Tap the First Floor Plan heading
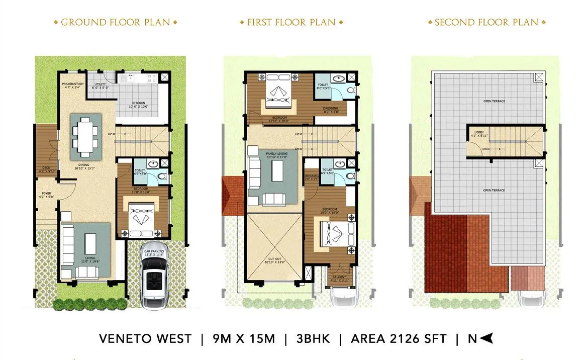click(x=291, y=23)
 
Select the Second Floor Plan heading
click(x=486, y=23)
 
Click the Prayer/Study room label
click(x=73, y=84)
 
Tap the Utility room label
click(x=99, y=84)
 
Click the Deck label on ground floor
click(x=46, y=168)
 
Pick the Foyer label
click(x=46, y=193)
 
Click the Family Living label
click(x=276, y=153)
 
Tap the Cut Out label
click(x=274, y=260)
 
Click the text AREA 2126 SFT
click(x=399, y=338)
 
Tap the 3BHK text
click(x=312, y=338)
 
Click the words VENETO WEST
click(x=145, y=338)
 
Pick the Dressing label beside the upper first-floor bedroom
click(x=330, y=108)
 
